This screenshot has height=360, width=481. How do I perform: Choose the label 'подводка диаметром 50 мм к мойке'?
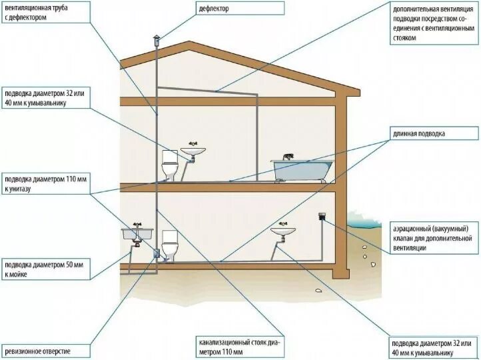pyautogui.click(x=44, y=269)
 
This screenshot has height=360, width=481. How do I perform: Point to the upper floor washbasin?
pyautogui.click(x=195, y=152)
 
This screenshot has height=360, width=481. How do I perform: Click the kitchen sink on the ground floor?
pyautogui.click(x=137, y=235)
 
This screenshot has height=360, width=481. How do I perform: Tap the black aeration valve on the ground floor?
pyautogui.click(x=323, y=217)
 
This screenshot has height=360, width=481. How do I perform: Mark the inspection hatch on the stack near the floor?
pyautogui.click(x=156, y=255)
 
